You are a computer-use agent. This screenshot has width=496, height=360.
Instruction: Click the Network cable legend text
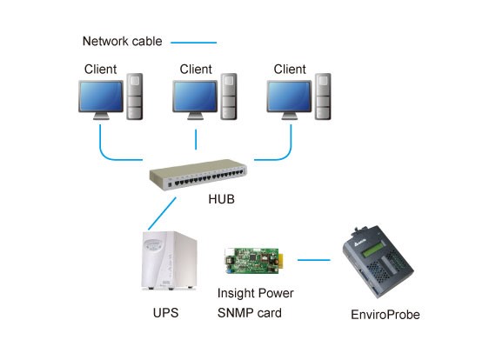[122, 41]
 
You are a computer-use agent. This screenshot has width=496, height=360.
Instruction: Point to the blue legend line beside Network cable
[193, 43]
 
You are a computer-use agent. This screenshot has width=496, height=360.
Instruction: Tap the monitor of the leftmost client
[101, 100]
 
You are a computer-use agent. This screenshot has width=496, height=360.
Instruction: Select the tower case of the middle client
[229, 97]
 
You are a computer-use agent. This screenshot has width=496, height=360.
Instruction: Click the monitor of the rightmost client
[289, 100]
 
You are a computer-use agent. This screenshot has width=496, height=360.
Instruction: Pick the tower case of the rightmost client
[323, 97]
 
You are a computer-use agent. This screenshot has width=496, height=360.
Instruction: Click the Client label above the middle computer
[196, 69]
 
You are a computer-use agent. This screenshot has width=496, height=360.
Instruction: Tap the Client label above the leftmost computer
[100, 69]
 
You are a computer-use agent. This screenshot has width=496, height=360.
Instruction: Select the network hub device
[198, 174]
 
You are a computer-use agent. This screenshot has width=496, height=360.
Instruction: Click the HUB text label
[221, 199]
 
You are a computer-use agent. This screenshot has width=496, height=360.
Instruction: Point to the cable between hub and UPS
[162, 213]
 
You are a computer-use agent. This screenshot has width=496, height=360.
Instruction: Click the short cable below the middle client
[196, 139]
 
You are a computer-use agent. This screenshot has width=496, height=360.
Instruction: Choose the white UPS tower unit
[169, 261]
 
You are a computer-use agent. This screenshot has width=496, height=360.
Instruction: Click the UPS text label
[165, 313]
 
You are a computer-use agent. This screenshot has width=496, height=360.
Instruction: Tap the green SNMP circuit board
[253, 261]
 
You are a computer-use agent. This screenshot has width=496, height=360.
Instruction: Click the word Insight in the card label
[234, 293]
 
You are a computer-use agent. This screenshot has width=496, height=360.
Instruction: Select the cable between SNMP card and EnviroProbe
[314, 260]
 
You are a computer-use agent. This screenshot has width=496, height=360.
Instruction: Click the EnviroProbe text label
[385, 315]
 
